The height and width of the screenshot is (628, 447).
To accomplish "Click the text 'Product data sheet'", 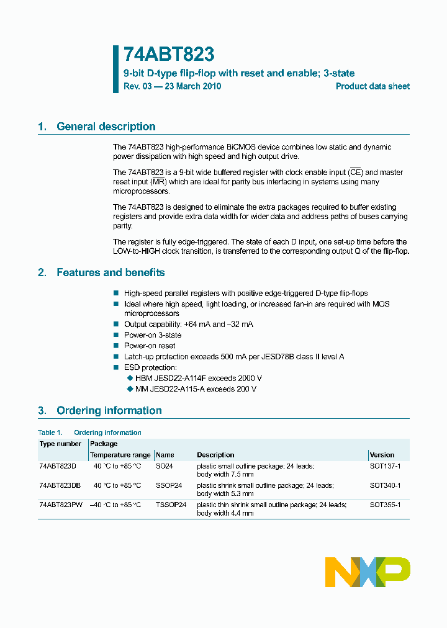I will [x=372, y=86].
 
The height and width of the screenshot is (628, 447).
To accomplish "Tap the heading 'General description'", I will [x=106, y=127].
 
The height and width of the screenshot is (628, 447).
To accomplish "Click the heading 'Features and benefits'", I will [x=111, y=272].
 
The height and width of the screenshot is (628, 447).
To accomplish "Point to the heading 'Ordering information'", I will [x=109, y=410].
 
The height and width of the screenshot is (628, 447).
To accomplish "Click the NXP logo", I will [x=368, y=572].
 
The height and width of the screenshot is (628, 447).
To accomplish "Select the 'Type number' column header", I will [x=60, y=444].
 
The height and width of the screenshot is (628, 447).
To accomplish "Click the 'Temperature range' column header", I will [x=120, y=455].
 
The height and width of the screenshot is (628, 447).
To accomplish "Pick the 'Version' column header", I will [x=382, y=455].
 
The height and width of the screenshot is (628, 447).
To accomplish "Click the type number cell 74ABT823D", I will [x=57, y=465].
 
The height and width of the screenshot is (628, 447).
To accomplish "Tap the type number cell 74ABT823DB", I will [x=60, y=485].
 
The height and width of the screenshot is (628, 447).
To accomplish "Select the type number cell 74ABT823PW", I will [x=60, y=505].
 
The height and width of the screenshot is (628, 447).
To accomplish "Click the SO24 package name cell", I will [x=165, y=465].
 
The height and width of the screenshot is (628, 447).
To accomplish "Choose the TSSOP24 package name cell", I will [x=171, y=505].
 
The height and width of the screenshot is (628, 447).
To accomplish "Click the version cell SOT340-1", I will [x=385, y=485].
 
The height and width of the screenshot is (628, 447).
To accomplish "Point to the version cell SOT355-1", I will [x=385, y=505].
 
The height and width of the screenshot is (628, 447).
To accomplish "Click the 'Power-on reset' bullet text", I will [x=150, y=346].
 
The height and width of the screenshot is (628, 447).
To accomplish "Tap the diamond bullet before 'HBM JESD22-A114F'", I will [x=130, y=378].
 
